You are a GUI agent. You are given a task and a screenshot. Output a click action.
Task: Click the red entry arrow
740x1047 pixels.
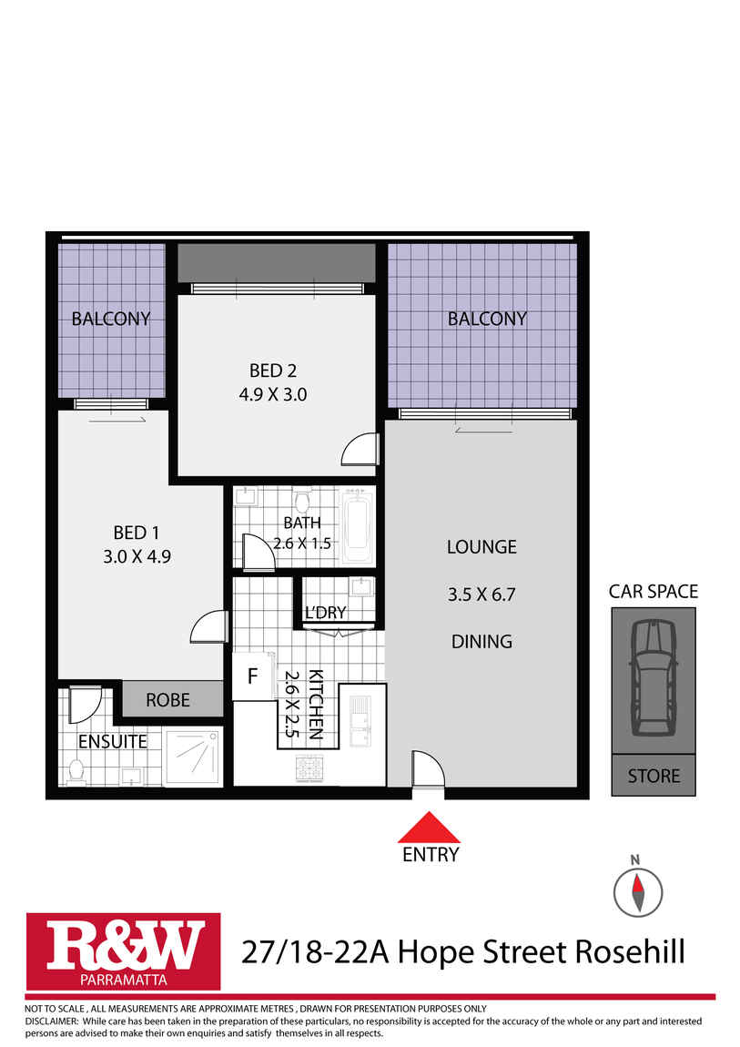(x=430, y=828)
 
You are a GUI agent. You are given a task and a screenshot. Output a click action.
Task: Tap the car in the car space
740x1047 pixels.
(x=654, y=676)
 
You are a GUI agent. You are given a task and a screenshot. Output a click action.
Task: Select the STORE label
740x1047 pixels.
(x=654, y=776)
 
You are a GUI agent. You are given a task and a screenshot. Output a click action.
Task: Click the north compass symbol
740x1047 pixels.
(x=635, y=889)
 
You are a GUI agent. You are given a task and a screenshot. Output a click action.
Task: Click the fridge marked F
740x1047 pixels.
(x=251, y=676)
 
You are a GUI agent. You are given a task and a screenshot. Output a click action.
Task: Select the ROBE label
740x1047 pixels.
(x=168, y=699)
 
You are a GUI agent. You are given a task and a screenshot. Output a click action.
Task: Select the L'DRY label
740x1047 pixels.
(x=325, y=612)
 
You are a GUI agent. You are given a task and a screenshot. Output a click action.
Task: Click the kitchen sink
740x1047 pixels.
(x=361, y=720)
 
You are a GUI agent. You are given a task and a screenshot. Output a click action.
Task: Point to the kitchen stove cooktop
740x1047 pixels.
(x=308, y=769)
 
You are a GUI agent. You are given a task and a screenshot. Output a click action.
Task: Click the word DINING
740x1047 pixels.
(x=482, y=641)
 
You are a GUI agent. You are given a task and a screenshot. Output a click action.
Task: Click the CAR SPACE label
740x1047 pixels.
(x=654, y=591)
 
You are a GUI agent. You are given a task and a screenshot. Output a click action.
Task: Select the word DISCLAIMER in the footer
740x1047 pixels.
(x=51, y=1021)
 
